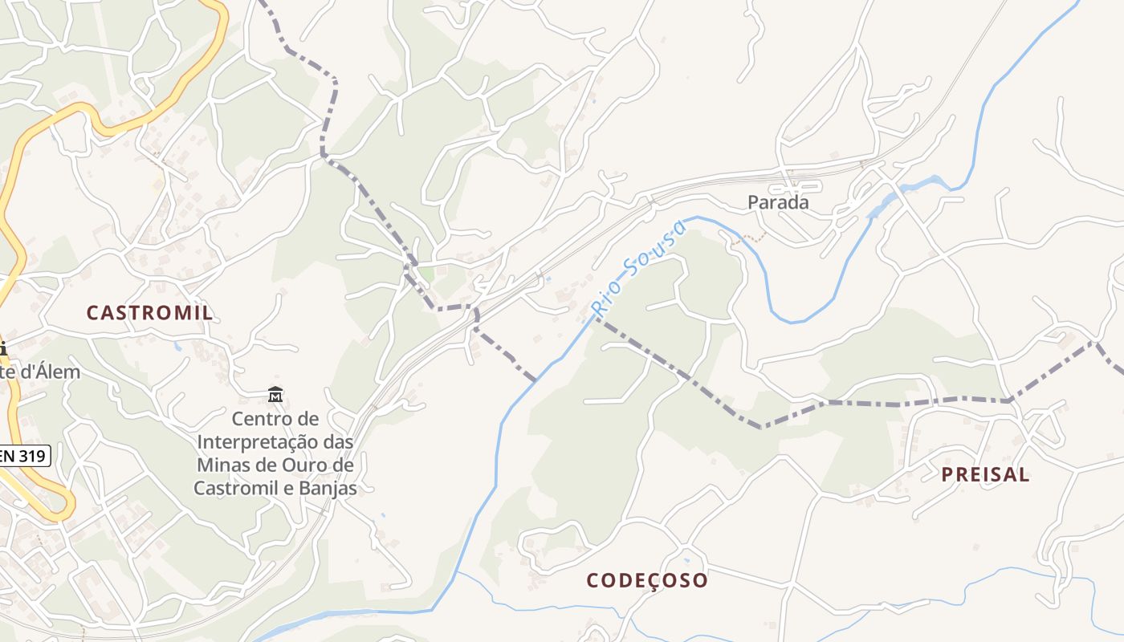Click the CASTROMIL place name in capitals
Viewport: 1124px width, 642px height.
click(x=150, y=313)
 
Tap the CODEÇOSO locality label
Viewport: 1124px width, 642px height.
click(x=647, y=580)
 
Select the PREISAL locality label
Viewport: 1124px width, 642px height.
click(x=985, y=474)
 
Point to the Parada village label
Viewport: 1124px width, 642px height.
click(x=778, y=203)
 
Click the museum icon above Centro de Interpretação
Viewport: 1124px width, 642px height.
click(x=275, y=395)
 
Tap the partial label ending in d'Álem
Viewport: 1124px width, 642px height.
click(x=40, y=372)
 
